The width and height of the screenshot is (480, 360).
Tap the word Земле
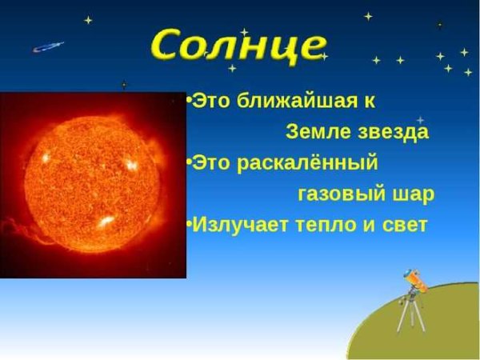click(312, 132)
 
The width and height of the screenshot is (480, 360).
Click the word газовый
click(334, 194)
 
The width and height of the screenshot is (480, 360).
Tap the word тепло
click(326, 224)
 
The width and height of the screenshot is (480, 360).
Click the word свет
click(404, 224)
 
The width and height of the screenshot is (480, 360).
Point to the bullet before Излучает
click(189, 224)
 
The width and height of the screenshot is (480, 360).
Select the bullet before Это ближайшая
click(189, 102)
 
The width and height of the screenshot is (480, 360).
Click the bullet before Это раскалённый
click(189, 163)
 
